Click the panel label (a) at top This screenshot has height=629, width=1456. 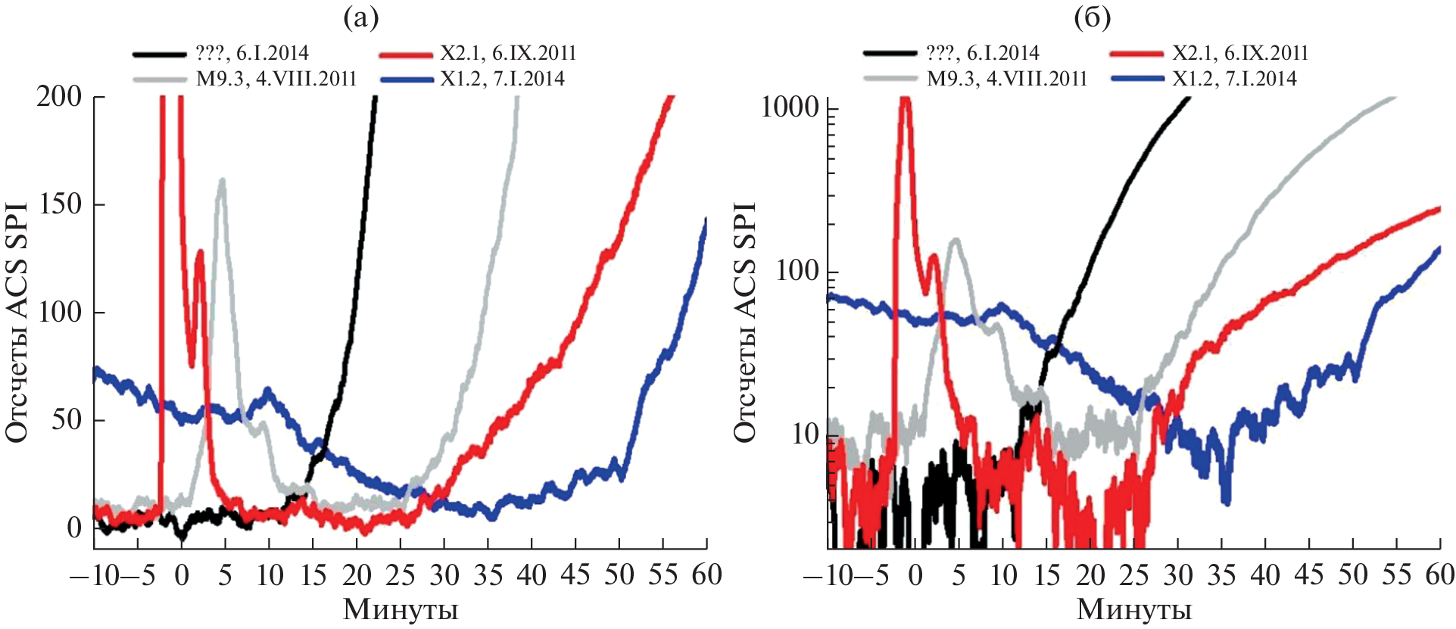click(x=360, y=18)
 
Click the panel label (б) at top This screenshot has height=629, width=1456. click(x=1093, y=18)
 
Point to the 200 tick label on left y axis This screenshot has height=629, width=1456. click(x=59, y=97)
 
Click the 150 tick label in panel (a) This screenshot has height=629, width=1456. click(x=59, y=204)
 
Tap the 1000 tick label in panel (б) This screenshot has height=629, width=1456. click(x=790, y=107)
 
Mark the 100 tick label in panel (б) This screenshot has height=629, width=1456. click(x=797, y=271)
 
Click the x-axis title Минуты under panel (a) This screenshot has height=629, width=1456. click(x=401, y=609)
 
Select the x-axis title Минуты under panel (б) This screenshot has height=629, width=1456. click(x=1133, y=609)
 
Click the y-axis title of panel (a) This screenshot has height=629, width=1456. click(x=17, y=322)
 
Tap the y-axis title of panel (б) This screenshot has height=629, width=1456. click(x=745, y=322)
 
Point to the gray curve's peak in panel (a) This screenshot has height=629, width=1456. click(x=222, y=181)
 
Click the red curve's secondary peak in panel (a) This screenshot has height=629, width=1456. click(x=200, y=252)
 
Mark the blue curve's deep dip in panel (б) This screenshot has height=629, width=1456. click(x=1226, y=501)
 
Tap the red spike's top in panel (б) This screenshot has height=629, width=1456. click(x=904, y=101)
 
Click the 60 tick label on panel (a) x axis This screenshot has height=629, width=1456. click(x=706, y=576)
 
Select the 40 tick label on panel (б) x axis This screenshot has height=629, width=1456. click(x=1265, y=576)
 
